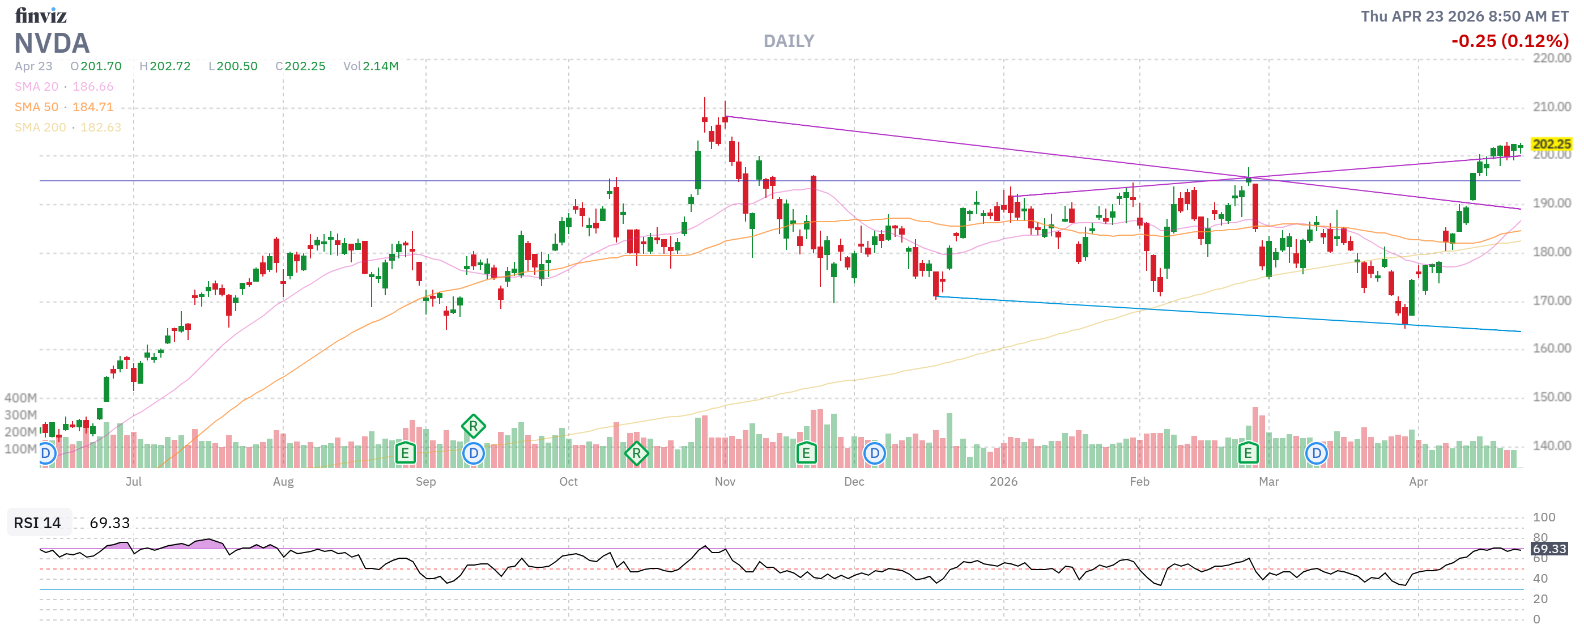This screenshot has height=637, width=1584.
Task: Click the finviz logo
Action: pyautogui.click(x=41, y=15)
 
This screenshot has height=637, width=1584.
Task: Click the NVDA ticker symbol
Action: pyautogui.click(x=52, y=43)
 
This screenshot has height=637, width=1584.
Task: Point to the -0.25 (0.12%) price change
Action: pyautogui.click(x=1509, y=41)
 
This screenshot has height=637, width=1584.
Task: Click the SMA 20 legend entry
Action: pyautogui.click(x=64, y=87)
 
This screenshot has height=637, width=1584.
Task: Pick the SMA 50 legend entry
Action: pyautogui.click(x=64, y=107)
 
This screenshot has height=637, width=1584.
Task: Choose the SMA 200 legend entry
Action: pyautogui.click(x=67, y=128)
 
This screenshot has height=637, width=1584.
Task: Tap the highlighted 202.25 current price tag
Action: pyautogui.click(x=1551, y=144)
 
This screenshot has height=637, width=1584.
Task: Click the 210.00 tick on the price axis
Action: pyautogui.click(x=1551, y=107)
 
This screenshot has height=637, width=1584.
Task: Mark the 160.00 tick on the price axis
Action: pyautogui.click(x=1551, y=349)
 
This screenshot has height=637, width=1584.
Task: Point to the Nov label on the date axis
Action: pyautogui.click(x=725, y=482)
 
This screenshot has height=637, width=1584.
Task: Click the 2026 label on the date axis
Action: pyautogui.click(x=1003, y=482)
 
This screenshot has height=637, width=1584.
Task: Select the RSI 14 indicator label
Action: pyautogui.click(x=37, y=523)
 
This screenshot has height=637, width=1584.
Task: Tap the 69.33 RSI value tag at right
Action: pyautogui.click(x=1548, y=549)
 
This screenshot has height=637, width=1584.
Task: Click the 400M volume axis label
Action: pyautogui.click(x=20, y=398)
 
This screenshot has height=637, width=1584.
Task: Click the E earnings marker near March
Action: pyautogui.click(x=1247, y=454)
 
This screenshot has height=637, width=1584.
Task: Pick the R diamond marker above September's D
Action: pyautogui.click(x=473, y=426)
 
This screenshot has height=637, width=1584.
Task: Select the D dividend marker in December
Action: pyautogui.click(x=874, y=454)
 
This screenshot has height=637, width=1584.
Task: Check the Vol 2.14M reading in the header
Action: pyautogui.click(x=371, y=66)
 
